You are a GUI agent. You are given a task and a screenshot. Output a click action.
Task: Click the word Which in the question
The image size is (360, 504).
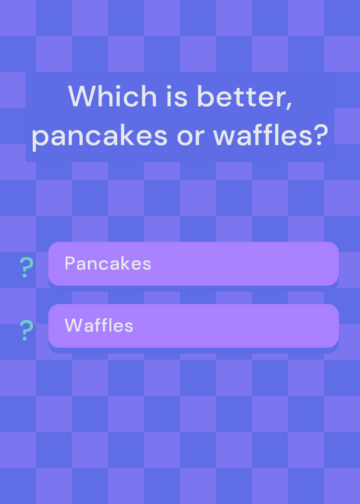(x=112, y=96)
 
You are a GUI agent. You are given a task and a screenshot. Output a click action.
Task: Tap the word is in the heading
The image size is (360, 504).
(x=177, y=96)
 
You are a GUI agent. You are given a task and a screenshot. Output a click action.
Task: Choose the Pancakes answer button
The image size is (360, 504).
(x=194, y=263)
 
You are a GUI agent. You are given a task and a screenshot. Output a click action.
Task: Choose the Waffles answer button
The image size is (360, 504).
(x=194, y=326)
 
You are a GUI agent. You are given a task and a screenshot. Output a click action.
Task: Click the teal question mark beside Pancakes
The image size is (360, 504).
(x=26, y=267)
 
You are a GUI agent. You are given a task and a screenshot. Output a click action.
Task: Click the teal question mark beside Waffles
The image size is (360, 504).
(x=26, y=330)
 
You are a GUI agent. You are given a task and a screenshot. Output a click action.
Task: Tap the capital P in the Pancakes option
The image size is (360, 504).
(x=70, y=263)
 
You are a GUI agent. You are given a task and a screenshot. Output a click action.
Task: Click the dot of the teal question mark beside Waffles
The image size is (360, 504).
(x=25, y=338)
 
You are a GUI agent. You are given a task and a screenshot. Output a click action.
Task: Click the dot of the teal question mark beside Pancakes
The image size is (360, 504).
(x=25, y=275)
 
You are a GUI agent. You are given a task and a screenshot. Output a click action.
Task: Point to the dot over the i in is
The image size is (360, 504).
(x=168, y=87)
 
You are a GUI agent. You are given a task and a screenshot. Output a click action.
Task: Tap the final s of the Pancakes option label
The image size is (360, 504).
(x=147, y=265)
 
